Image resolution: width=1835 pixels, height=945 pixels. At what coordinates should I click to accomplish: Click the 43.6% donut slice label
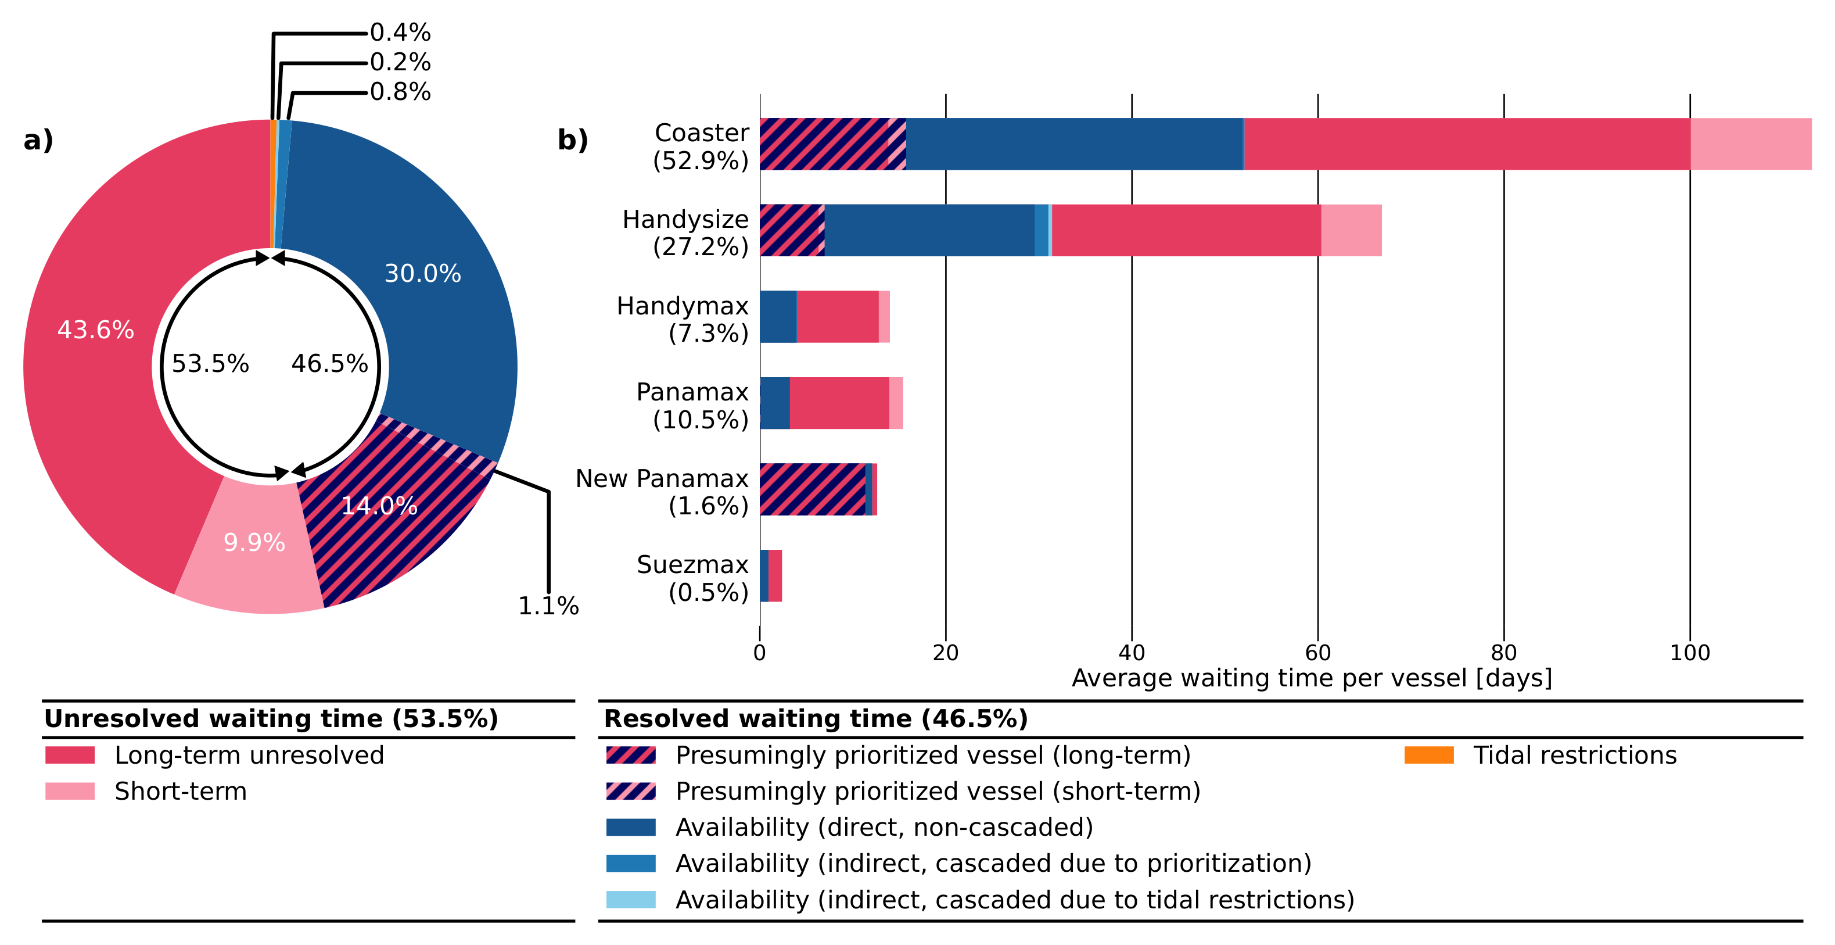click(x=95, y=330)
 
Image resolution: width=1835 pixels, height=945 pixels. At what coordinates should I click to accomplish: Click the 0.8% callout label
click(x=400, y=92)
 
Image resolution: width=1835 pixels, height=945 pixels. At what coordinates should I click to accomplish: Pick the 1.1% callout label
click(x=548, y=606)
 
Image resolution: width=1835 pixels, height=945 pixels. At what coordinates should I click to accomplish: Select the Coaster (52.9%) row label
click(x=701, y=146)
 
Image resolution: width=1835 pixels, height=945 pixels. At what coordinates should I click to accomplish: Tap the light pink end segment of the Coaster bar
click(x=1750, y=144)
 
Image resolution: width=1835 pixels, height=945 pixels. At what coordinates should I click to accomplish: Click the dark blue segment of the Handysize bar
click(x=929, y=230)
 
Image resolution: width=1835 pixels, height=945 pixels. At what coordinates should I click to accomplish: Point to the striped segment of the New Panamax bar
click(x=812, y=489)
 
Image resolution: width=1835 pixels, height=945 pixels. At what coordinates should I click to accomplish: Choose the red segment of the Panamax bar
click(x=839, y=403)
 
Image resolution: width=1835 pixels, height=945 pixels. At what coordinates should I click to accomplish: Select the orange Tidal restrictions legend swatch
click(x=1428, y=755)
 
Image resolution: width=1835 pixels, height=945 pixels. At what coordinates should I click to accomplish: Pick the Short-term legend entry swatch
click(x=70, y=791)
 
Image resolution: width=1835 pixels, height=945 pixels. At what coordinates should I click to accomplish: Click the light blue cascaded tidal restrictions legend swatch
click(x=630, y=900)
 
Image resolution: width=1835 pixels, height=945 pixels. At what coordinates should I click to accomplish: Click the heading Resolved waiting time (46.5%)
click(x=816, y=718)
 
